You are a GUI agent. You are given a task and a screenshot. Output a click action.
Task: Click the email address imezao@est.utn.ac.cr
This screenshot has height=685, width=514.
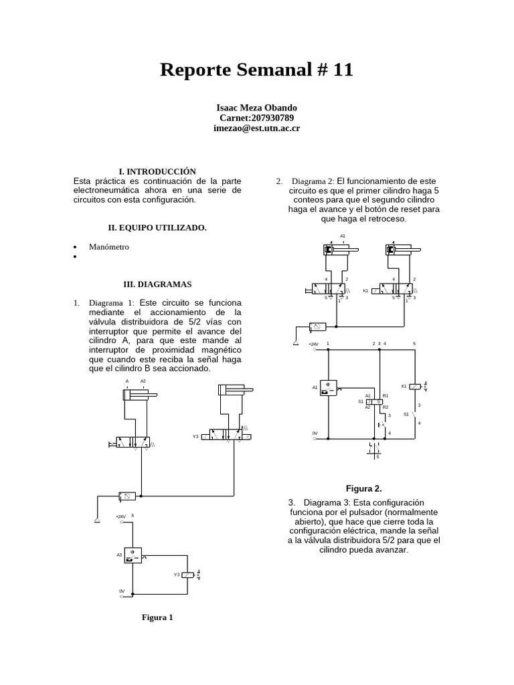(x=257, y=128)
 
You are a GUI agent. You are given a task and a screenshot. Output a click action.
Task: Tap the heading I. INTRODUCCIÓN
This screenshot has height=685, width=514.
(x=157, y=172)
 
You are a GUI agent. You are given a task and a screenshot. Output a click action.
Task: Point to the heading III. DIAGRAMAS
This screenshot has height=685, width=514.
(x=158, y=284)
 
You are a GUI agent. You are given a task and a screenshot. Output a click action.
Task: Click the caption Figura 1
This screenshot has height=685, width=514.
(x=157, y=617)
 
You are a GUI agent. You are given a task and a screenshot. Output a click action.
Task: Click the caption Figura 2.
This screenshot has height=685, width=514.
(x=363, y=489)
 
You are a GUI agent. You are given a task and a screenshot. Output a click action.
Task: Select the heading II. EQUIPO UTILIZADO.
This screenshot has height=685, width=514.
(x=157, y=228)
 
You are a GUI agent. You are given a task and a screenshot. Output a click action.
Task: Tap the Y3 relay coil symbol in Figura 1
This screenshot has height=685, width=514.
(x=190, y=575)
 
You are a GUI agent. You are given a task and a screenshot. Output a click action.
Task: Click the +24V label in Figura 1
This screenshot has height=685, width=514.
(x=120, y=516)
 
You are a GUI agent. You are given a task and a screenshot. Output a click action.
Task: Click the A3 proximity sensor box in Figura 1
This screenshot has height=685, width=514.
(x=133, y=555)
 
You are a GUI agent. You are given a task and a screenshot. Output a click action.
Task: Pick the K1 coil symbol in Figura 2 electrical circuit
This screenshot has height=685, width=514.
(x=416, y=387)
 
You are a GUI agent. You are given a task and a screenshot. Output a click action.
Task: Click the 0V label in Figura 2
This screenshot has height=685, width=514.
(x=315, y=433)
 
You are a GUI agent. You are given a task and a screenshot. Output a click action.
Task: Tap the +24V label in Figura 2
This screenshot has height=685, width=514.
(x=313, y=344)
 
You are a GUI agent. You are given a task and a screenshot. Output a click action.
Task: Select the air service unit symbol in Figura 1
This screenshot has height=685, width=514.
(x=126, y=496)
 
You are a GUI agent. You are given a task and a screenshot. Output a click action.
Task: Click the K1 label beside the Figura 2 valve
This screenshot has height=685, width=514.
(x=365, y=291)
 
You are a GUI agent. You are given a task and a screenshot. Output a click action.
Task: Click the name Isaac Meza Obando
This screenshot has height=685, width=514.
(x=257, y=108)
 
